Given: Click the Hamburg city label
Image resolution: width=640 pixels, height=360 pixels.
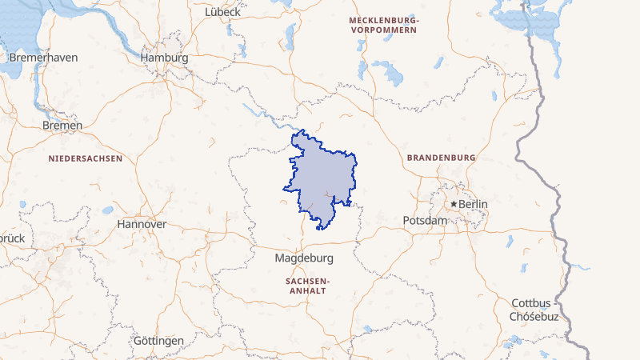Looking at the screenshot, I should tap(164, 58).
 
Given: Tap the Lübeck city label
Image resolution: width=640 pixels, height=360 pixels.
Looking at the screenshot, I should tap(222, 12).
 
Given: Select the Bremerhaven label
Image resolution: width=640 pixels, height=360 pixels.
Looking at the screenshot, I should tap(42, 58).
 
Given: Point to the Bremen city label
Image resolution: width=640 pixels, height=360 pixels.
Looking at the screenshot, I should tap(62, 126).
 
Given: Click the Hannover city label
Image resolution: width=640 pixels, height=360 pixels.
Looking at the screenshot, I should tap(142, 224).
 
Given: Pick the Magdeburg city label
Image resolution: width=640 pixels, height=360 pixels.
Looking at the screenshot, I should tap(303, 258).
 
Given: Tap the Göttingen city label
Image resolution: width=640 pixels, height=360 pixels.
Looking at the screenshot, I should tap(158, 340).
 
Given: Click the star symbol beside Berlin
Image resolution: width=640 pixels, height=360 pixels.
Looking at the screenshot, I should tap(454, 204).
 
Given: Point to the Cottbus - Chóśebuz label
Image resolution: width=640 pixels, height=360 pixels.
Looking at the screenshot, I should tap(534, 310).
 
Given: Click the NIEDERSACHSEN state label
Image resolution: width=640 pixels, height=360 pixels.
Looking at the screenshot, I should tap(86, 158).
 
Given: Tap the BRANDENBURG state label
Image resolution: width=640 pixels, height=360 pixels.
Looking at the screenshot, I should tap(442, 158).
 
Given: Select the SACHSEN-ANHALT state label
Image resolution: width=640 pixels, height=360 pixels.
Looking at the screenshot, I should tap(306, 286).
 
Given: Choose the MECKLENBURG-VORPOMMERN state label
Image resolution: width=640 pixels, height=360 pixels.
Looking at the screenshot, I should tap(384, 24).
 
